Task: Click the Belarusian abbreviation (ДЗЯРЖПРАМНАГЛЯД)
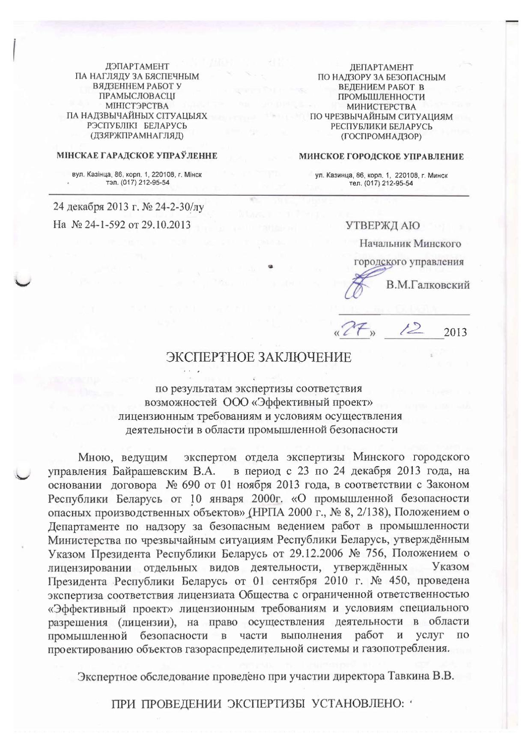click(x=137, y=136)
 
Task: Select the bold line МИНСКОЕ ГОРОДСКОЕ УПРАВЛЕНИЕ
click(x=381, y=157)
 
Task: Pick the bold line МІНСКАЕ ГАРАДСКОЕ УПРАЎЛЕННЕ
click(x=137, y=156)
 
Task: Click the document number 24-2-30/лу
click(x=175, y=209)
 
